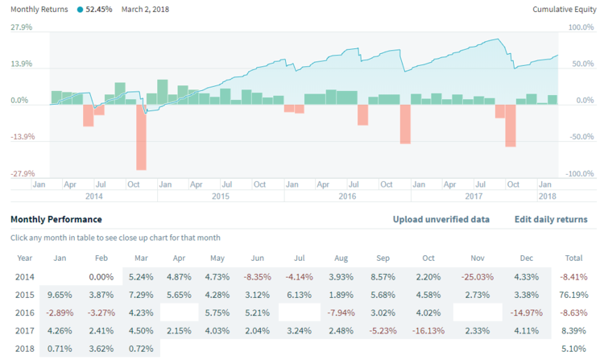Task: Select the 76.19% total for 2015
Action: pos(570,294)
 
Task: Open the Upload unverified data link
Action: pos(441,219)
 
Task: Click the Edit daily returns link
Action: pos(551,219)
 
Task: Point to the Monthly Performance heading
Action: pos(56,219)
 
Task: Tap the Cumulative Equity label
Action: pos(564,9)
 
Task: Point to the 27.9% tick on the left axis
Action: pos(21,27)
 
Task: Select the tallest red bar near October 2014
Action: pos(141,137)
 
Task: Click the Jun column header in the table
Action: pos(259,259)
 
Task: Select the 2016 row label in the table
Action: pos(25,312)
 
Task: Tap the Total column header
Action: pos(574,259)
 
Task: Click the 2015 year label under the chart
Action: pos(221,196)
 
